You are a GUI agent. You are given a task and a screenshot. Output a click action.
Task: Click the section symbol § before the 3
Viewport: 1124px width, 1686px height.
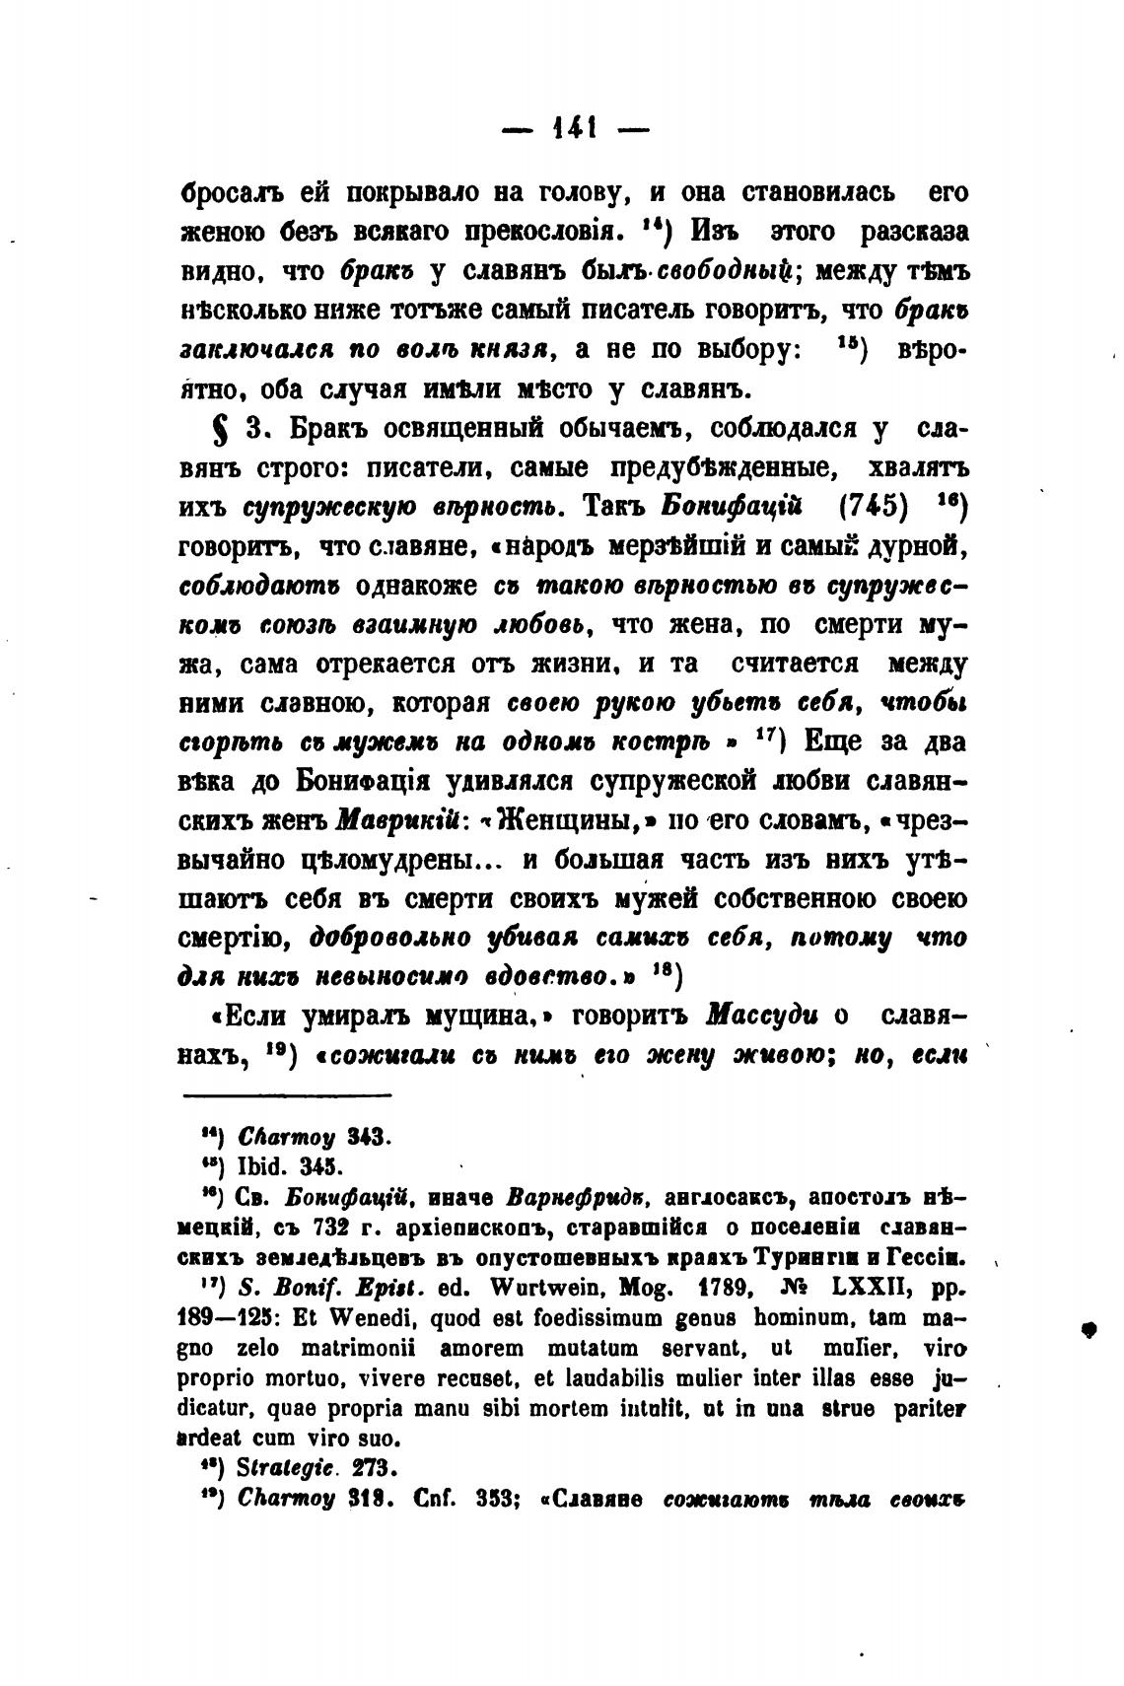click(208, 432)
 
